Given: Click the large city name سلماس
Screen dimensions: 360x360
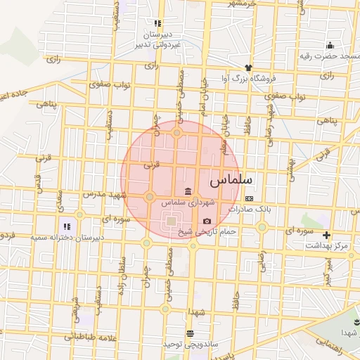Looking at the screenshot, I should pyautogui.click(x=231, y=180).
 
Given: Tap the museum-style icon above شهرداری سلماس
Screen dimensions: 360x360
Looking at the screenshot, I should pyautogui.click(x=188, y=192).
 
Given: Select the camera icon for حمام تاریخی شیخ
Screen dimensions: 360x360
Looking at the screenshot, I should pyautogui.click(x=207, y=221).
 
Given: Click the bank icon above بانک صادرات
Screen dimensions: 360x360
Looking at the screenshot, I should pyautogui.click(x=248, y=199).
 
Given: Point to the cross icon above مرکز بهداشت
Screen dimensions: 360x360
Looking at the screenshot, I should pyautogui.click(x=326, y=235).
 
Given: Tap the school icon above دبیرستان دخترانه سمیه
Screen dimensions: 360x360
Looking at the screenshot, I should pyautogui.click(x=67, y=226).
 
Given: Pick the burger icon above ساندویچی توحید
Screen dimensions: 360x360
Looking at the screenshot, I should pyautogui.click(x=189, y=333).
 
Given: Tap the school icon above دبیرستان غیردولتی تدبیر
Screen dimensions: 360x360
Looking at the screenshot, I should pyautogui.click(x=158, y=23).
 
